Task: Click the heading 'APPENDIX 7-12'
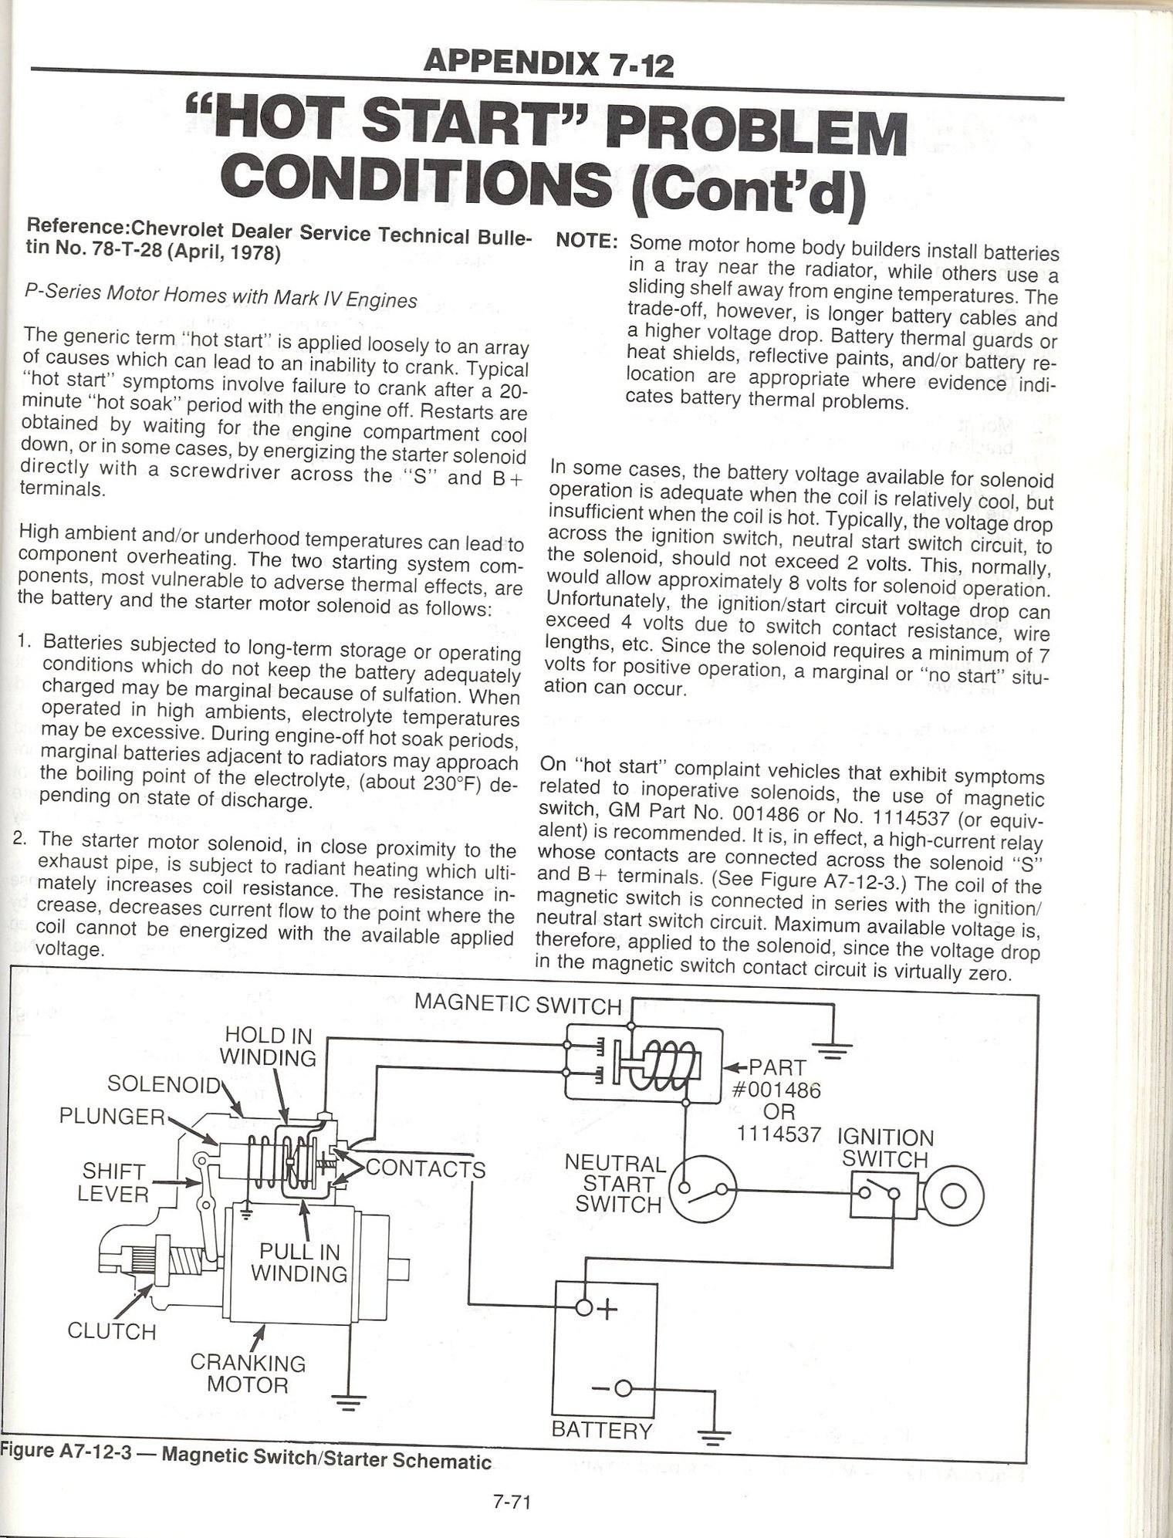coord(549,63)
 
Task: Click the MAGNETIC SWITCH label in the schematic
coord(517,1004)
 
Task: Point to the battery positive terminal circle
coord(584,1308)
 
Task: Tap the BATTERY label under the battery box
coord(602,1430)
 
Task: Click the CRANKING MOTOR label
coord(248,1374)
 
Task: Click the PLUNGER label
coord(112,1116)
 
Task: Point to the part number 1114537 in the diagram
coord(779,1134)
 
